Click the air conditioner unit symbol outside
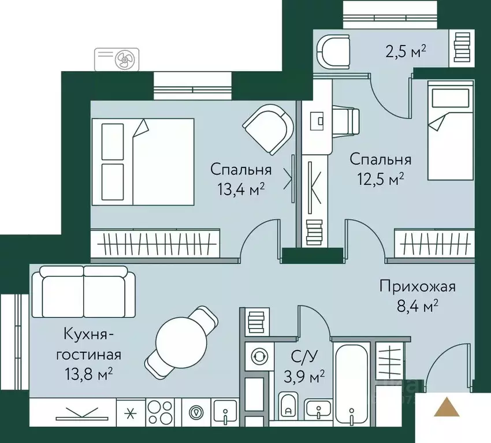click(117, 58)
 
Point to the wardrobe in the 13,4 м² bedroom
click(156, 243)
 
